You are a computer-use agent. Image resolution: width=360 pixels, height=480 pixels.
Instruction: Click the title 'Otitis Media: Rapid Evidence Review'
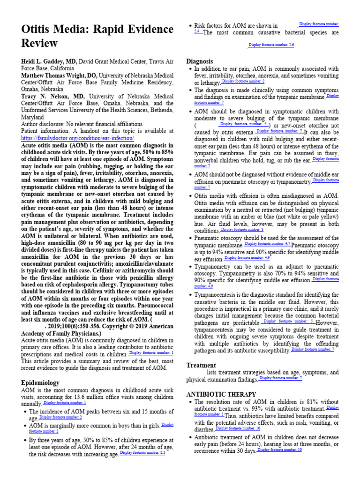pos(97,36)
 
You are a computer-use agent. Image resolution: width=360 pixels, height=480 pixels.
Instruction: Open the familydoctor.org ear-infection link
pos(78,138)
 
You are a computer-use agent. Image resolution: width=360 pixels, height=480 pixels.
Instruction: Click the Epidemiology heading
pos(41,383)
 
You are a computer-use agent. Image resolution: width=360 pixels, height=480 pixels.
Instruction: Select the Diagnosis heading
pos(200,61)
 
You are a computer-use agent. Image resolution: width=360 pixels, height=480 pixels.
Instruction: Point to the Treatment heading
pos(201,365)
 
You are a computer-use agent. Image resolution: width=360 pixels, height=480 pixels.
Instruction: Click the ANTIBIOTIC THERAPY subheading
pos(221,394)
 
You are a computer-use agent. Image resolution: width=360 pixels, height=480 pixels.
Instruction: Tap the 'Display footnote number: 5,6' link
pos(271,45)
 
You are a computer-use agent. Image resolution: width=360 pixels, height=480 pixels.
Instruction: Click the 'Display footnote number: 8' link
pos(242,230)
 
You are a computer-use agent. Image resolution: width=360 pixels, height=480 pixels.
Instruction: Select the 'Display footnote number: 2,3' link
pos(142,453)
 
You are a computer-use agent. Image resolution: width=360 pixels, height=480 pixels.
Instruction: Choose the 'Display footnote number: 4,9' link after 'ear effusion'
pos(247,258)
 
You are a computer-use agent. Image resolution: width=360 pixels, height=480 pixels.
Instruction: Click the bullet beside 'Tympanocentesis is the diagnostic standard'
pos(189,295)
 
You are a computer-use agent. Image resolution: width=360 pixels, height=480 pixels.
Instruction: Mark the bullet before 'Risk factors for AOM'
pos(189,26)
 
